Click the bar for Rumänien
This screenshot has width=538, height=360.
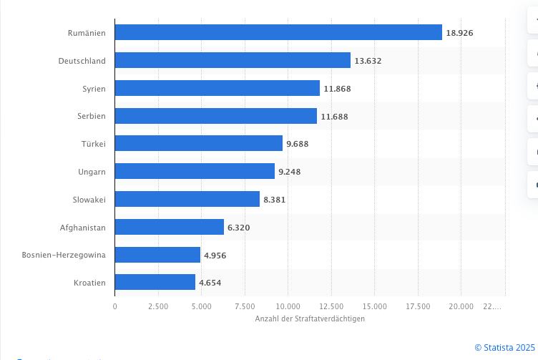278,32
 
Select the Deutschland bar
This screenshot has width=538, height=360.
233,60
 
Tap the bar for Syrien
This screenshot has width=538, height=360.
217,88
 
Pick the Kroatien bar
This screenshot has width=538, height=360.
155,282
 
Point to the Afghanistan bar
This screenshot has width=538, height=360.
169,227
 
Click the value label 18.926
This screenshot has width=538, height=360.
459,33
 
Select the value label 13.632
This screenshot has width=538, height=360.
368,61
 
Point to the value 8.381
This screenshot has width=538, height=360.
275,200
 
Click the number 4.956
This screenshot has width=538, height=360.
215,255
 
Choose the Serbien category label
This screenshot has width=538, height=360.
92,116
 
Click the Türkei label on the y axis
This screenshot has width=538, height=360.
93,144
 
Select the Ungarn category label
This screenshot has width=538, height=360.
92,172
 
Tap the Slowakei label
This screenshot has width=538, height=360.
89,200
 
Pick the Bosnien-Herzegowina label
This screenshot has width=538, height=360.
64,255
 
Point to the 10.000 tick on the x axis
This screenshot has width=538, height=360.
288,306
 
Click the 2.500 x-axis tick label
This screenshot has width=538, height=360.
158,306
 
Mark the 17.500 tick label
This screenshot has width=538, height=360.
418,306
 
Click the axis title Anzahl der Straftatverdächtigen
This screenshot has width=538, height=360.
310,318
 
